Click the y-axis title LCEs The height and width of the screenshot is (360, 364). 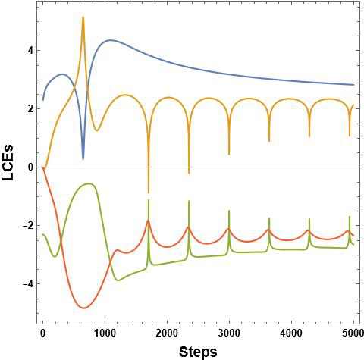click(11, 167)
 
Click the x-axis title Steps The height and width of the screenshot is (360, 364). click(198, 351)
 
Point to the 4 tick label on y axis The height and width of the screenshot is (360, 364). click(27, 50)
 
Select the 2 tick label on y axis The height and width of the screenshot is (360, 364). click(27, 108)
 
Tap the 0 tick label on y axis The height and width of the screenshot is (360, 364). click(27, 167)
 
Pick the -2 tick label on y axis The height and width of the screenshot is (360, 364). click(25, 225)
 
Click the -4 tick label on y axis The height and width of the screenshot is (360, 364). click(25, 283)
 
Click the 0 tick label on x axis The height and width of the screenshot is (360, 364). click(42, 333)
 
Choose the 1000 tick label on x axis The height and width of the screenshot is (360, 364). click(105, 333)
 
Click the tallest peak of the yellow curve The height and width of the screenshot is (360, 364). click(83, 17)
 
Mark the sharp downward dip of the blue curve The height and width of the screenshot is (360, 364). click(83, 158)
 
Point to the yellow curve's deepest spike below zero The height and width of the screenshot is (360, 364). click(149, 193)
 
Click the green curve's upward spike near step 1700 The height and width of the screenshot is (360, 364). click(149, 200)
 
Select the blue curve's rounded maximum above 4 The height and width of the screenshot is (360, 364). click(111, 40)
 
